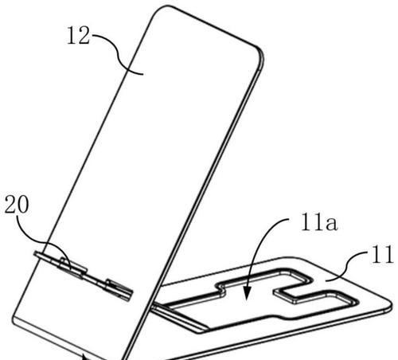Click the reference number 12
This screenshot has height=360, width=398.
[78, 35]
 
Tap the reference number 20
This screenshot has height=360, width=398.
[17, 204]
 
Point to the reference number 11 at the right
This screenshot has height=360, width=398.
[382, 254]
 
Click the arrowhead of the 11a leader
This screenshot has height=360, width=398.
[247, 294]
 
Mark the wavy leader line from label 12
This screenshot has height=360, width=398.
[117, 53]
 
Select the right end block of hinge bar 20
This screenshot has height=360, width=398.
[119, 289]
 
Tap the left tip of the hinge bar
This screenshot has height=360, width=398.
[35, 253]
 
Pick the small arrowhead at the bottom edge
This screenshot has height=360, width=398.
[85, 357]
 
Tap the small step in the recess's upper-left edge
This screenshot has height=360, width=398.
[221, 289]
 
